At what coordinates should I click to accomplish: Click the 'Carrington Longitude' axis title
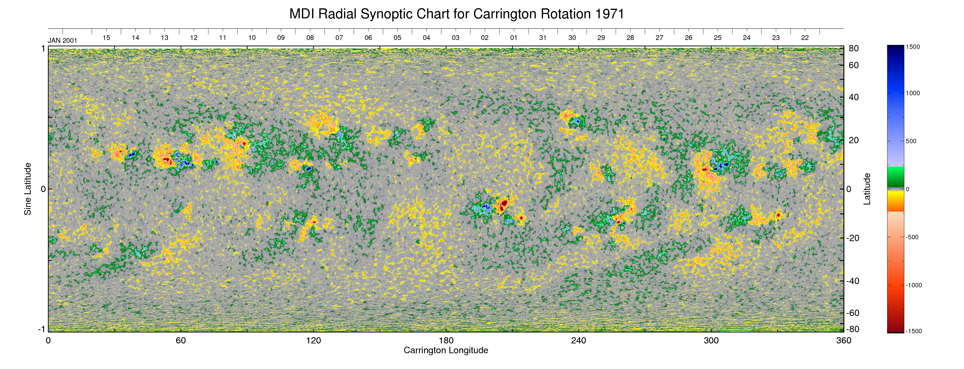(x=446, y=350)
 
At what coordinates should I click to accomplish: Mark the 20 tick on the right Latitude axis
(x=854, y=140)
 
